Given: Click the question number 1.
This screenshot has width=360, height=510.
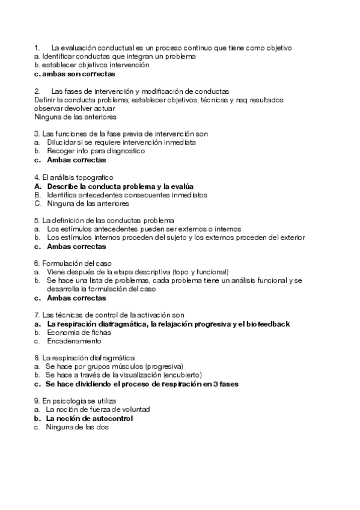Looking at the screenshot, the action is coord(37,47).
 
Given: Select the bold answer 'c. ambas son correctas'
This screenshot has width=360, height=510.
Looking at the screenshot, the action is coord(75,74).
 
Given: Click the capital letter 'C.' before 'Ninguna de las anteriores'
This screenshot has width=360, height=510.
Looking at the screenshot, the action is coord(37,203).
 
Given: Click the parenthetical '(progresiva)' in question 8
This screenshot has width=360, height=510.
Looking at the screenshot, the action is coord(164,366).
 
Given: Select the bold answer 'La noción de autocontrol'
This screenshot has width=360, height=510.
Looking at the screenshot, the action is coord(90,418).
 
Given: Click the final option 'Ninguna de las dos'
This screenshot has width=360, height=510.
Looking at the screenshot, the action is coord(78,426).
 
